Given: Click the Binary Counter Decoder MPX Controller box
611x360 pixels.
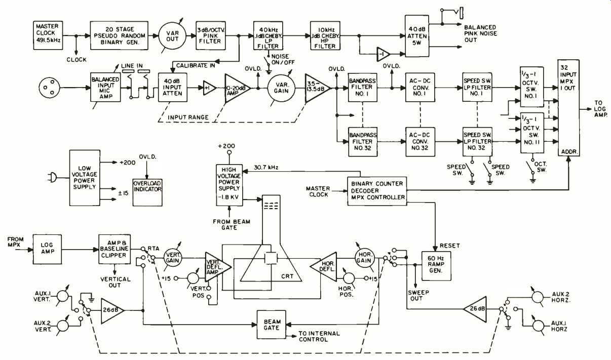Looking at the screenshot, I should (377, 189).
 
